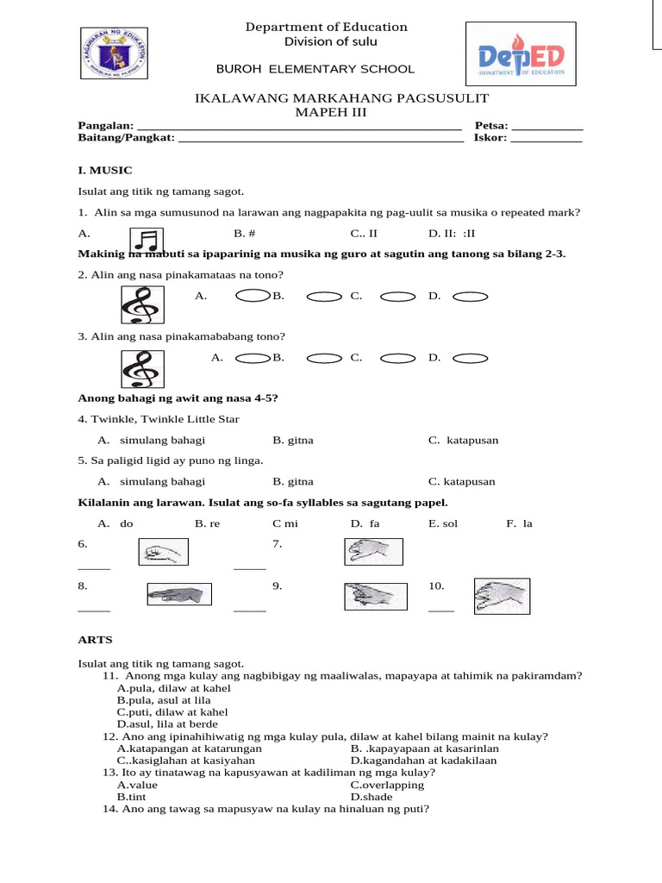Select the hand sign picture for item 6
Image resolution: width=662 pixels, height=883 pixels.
tap(162, 551)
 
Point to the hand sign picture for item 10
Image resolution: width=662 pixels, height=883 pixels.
tap(502, 596)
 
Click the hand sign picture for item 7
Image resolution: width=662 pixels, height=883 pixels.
tap(372, 551)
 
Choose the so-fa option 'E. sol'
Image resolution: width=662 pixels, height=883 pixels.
tap(443, 523)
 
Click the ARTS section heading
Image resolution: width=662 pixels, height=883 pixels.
tap(96, 640)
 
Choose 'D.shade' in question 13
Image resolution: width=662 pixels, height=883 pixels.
tap(372, 797)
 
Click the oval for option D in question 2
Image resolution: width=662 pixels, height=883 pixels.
tap(471, 297)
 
